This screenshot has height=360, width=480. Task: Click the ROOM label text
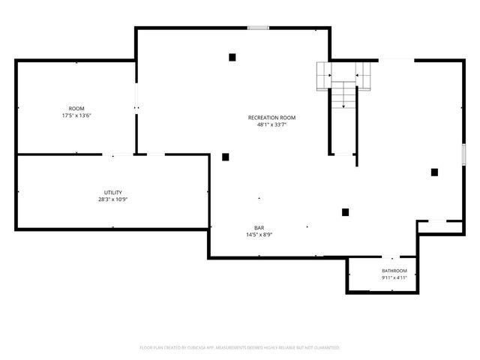76,109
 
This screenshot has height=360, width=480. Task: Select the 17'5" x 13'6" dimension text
76,115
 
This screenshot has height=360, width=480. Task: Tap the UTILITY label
113,193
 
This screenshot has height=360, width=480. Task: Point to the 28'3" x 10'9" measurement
113,199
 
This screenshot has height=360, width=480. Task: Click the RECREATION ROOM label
271,118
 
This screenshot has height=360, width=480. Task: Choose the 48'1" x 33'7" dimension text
271,125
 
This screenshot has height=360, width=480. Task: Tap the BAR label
259,228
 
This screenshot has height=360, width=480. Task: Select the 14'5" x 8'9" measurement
259,235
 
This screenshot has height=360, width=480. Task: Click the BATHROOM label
394,271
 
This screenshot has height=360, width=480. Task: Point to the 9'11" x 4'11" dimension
394,278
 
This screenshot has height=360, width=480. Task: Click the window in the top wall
258,28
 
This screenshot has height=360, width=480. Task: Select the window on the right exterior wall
463,155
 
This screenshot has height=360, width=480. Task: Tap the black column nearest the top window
232,57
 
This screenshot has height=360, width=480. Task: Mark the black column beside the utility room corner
226,157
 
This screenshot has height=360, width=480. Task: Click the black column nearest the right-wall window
434,172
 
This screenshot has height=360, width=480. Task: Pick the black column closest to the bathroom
345,212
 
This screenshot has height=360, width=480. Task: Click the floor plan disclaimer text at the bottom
240,348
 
